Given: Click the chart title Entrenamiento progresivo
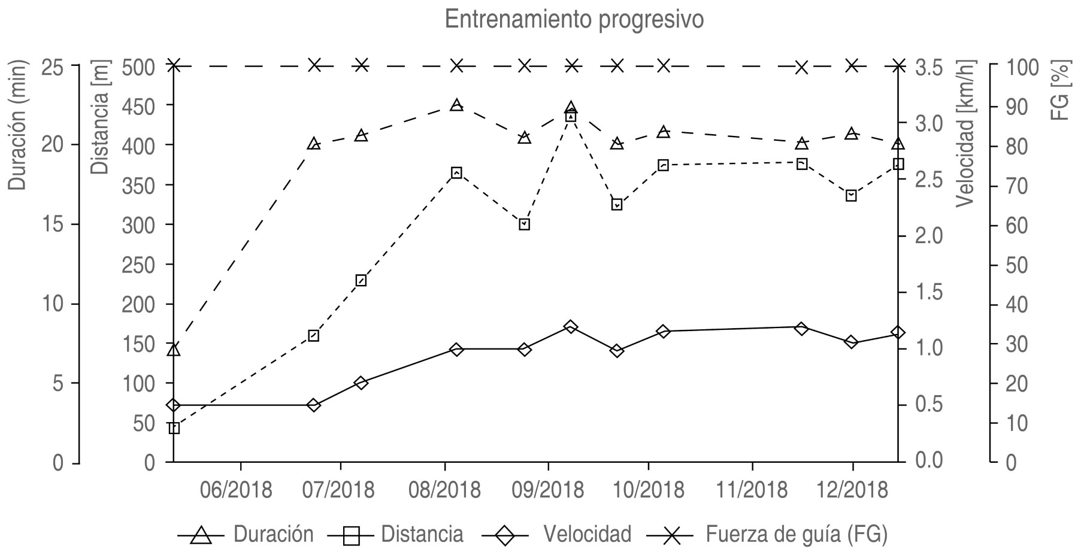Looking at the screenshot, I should click(x=574, y=20).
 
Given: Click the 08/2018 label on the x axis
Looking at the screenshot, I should click(x=446, y=490).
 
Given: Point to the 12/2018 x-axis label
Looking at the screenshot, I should click(x=853, y=490).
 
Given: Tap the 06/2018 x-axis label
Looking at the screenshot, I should click(x=241, y=490).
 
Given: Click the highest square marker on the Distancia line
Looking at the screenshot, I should click(x=571, y=116).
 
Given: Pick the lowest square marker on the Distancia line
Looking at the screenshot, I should click(x=174, y=428).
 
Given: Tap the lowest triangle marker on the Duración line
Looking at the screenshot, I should click(x=174, y=350).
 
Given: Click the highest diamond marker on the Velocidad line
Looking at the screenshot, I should click(x=571, y=327).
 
